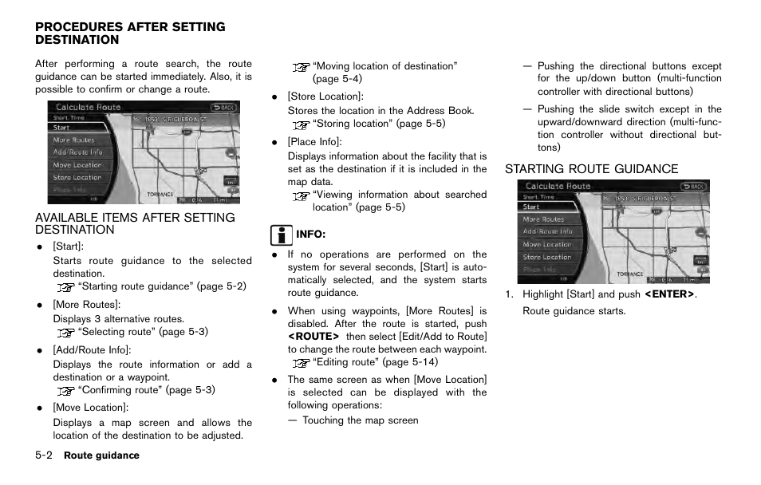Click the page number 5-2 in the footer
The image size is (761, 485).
pos(45,455)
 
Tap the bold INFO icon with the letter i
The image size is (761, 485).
pos(280,235)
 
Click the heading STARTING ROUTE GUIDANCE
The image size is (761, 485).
pos(591,169)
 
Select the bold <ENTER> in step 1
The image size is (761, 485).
pos(669,295)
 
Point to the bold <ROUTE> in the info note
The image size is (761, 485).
pos(313,336)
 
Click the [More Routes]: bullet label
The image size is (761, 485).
pos(87,305)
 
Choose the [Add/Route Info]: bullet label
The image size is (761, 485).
pos(92,349)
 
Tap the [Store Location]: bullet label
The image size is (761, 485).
pos(325,97)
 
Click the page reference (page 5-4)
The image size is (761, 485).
pos(337,79)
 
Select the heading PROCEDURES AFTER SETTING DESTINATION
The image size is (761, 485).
pos(130,34)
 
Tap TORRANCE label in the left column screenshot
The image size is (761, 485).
pos(160,194)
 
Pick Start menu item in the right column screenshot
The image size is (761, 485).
pos(531,207)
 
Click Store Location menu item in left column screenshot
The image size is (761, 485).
pos(77,178)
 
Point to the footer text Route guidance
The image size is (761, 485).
pos(101,456)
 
